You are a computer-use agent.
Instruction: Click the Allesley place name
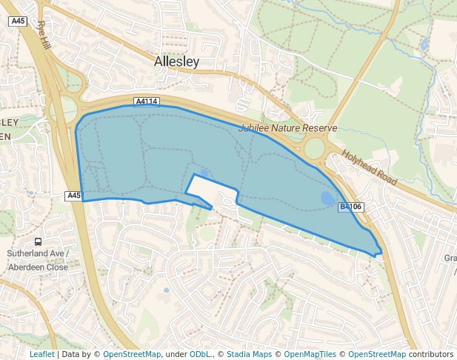coord(177,62)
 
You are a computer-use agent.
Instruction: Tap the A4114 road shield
coord(147,101)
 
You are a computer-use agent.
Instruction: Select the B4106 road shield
coord(351,207)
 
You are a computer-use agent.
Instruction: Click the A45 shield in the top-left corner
coord(19,21)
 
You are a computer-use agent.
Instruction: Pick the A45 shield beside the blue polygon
coord(73,196)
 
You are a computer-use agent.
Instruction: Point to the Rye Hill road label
coord(44,35)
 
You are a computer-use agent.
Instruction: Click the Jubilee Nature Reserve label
coord(287,128)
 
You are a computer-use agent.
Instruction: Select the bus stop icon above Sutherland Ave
coord(38,241)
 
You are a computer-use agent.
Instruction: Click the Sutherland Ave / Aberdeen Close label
coord(38,260)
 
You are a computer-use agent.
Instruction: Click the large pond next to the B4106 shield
coord(327,199)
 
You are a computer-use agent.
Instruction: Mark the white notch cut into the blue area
coord(211,192)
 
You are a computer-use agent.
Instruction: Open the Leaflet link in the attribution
coord(41,354)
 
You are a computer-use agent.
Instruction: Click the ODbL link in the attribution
coord(199,354)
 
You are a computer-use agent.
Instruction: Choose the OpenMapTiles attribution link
coord(310,354)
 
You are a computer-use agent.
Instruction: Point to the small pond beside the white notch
coord(204,173)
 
